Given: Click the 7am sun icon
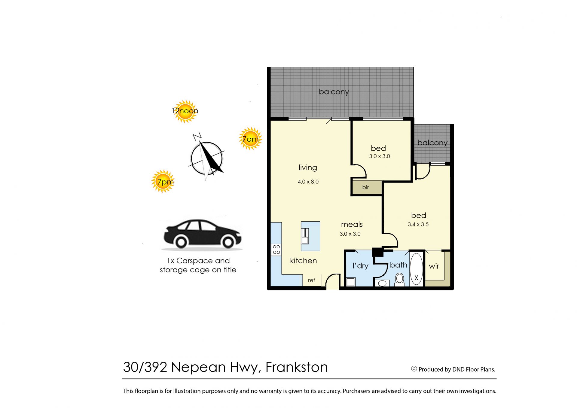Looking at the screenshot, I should (x=250, y=139).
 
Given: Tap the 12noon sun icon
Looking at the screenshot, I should (x=185, y=111).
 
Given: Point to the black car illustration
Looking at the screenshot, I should (x=202, y=234).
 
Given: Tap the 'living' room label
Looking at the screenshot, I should (x=308, y=167).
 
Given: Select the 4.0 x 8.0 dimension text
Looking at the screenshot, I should (x=308, y=182).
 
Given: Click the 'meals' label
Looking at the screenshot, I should (x=352, y=224).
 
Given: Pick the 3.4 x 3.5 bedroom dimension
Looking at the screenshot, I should (x=418, y=224).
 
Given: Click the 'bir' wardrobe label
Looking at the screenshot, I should (x=365, y=187).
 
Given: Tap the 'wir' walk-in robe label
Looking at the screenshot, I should (x=434, y=266).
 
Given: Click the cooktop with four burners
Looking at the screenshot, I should (x=276, y=250).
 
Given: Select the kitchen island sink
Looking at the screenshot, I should (x=305, y=236).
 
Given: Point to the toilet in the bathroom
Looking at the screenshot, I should (x=399, y=279).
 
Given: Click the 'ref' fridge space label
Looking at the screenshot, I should (x=311, y=280).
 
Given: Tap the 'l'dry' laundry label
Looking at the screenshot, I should (x=360, y=266).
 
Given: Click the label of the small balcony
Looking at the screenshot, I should (x=432, y=143).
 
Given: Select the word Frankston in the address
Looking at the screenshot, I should (x=297, y=367).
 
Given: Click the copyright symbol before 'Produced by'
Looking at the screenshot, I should (x=414, y=369).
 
